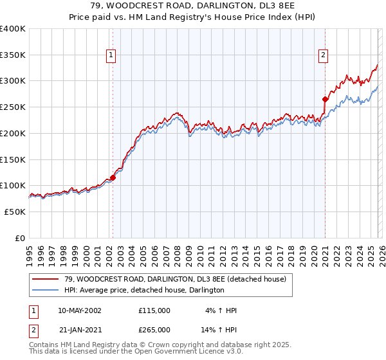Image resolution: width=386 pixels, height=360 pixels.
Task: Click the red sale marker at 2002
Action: (113, 177)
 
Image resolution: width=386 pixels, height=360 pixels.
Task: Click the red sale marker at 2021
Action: (326, 99)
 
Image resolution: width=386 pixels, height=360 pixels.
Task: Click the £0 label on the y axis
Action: (20, 238)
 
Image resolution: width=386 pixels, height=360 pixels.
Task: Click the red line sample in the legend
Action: (46, 278)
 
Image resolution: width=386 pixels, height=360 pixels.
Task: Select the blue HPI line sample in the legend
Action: (46, 290)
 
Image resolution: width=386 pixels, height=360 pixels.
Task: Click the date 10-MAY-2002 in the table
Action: (79, 310)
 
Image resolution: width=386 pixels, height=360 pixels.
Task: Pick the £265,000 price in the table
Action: (154, 329)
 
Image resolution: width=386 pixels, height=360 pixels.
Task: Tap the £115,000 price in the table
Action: (154, 310)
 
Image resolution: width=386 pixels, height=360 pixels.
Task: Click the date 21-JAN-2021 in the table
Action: (79, 329)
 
